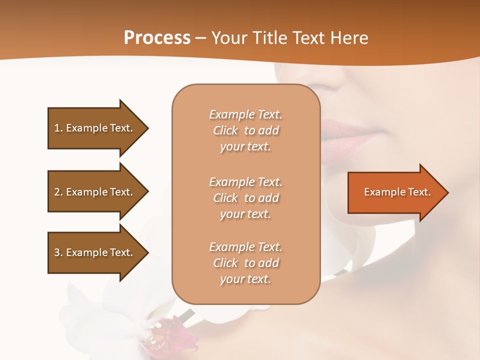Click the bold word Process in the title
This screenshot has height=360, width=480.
click(x=157, y=38)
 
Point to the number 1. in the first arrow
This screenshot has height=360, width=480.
click(x=58, y=128)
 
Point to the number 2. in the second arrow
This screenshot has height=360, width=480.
click(x=58, y=192)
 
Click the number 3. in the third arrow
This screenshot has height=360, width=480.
click(x=58, y=252)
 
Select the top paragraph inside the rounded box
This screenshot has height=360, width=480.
click(x=245, y=130)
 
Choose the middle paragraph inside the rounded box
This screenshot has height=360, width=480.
click(x=245, y=198)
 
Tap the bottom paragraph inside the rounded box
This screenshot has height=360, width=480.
click(x=245, y=263)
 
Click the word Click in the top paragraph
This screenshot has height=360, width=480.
click(x=225, y=130)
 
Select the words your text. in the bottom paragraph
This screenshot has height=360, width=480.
click(x=245, y=279)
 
